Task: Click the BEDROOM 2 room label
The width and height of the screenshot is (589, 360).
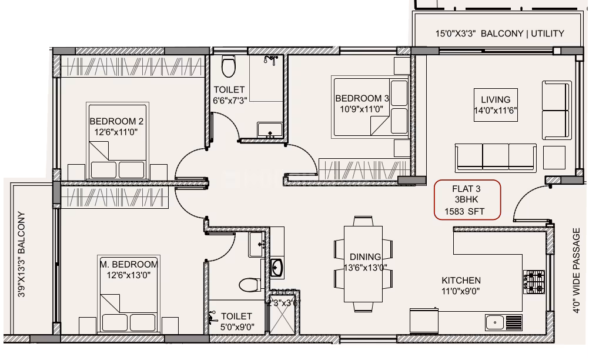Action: click(x=116, y=121)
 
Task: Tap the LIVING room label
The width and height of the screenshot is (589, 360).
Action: click(x=496, y=99)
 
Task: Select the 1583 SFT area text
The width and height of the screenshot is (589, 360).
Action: click(x=464, y=212)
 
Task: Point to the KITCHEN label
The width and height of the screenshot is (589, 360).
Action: click(x=461, y=281)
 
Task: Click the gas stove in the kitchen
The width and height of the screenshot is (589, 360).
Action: click(x=534, y=282)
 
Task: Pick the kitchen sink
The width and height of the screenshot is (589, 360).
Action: click(x=504, y=322)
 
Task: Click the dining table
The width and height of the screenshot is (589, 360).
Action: click(x=363, y=264)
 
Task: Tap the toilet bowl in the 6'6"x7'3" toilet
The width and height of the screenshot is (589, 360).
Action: click(x=229, y=66)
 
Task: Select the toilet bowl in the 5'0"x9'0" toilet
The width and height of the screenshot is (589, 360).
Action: click(x=250, y=285)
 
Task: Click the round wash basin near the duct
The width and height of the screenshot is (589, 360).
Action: click(x=277, y=268)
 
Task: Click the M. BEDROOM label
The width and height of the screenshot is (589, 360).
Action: click(x=129, y=264)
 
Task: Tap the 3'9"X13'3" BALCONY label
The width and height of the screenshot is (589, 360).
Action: click(x=21, y=254)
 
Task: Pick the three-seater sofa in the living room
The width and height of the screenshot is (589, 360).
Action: click(x=496, y=158)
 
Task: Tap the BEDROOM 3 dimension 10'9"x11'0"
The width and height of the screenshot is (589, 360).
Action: click(x=362, y=109)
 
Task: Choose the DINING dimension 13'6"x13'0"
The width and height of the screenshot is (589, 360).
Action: click(x=366, y=268)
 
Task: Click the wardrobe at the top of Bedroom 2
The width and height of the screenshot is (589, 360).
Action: click(x=132, y=67)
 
